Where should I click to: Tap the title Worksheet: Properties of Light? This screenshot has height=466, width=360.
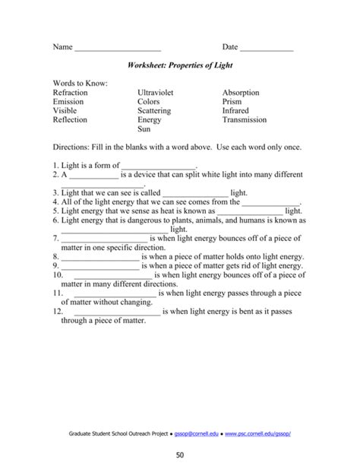(180, 67)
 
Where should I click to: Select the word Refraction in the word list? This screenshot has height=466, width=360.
(71, 93)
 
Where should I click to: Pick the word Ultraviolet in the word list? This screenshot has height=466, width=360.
(156, 93)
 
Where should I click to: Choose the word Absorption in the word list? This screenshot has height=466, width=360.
(241, 93)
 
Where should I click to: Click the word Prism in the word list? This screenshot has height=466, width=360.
(232, 102)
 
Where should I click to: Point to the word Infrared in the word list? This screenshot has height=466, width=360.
(235, 111)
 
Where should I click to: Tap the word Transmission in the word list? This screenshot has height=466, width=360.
(245, 120)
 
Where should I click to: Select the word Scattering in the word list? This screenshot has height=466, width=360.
(154, 111)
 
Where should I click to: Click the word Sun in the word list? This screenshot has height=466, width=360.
(144, 129)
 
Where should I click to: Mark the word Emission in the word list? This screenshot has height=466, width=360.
(68, 102)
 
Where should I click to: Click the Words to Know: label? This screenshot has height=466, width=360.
(81, 83)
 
